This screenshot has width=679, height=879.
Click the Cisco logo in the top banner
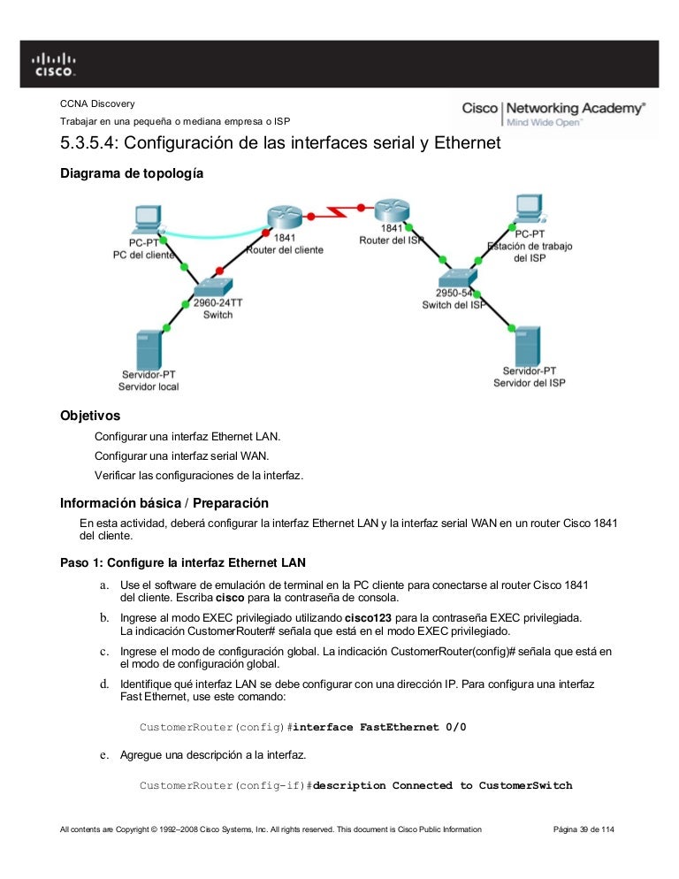click(54, 64)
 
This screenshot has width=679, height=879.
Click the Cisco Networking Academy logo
click(553, 113)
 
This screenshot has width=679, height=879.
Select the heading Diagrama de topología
click(131, 174)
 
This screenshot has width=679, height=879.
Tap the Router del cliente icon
click(284, 216)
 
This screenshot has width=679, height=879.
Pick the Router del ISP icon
click(390, 211)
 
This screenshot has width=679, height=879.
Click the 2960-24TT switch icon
click(212, 287)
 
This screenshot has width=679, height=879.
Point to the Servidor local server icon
click(149, 350)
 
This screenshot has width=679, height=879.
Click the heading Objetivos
click(89, 415)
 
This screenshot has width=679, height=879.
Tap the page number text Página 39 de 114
click(583, 829)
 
